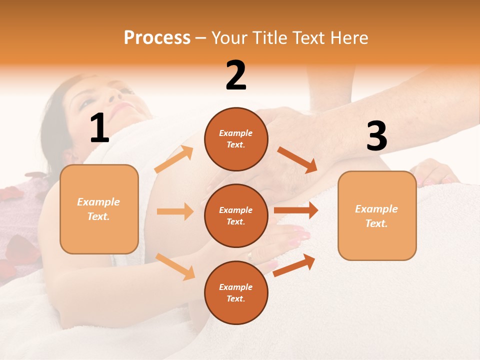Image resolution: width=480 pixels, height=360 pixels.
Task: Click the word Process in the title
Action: point(157,38)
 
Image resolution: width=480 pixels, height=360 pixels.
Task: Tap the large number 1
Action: point(99,128)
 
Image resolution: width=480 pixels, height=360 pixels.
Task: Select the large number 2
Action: point(236,75)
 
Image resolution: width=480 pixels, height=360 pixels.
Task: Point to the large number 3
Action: point(376,136)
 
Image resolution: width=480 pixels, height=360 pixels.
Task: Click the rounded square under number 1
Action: point(99,209)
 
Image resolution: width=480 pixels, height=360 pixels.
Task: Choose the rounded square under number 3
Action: point(377,216)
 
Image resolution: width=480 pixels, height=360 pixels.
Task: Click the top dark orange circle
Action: point(236,139)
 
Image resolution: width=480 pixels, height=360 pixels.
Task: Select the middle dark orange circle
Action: point(236,216)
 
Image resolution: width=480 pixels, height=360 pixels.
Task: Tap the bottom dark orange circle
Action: point(236,293)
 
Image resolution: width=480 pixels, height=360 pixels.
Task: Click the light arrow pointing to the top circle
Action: point(174,159)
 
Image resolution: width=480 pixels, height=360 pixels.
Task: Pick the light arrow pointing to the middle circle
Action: point(175,211)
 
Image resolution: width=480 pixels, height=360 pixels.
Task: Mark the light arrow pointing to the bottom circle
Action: point(175,266)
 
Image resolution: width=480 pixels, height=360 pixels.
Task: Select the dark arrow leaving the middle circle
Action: point(296,210)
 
